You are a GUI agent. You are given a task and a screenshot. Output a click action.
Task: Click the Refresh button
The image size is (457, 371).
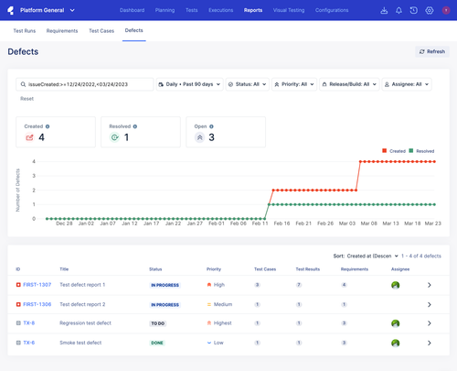point(432,52)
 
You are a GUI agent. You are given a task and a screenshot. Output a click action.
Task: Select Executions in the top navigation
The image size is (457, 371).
point(220,10)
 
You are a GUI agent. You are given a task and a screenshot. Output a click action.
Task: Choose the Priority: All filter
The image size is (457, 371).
point(292,84)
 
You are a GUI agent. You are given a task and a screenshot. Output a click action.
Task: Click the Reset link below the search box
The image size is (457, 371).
point(27,98)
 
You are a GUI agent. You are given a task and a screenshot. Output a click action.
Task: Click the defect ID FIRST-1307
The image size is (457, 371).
point(37,285)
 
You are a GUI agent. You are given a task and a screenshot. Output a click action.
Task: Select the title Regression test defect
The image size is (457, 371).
point(86,323)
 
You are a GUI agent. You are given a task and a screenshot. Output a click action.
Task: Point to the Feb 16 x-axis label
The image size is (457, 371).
point(280,223)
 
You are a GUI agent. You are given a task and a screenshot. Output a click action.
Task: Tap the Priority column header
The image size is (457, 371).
point(214,270)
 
